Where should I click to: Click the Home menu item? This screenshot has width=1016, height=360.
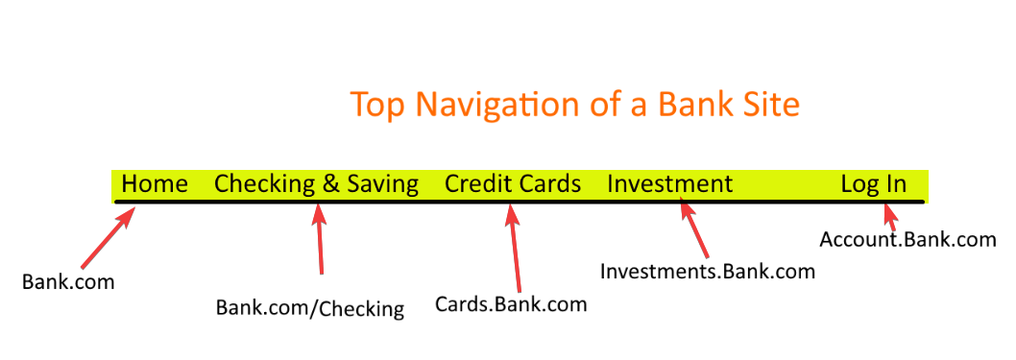click(x=155, y=183)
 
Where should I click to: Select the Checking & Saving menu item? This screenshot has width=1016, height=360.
click(x=316, y=183)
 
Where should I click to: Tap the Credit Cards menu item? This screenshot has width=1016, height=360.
click(x=513, y=183)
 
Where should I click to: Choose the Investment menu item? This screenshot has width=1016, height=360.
click(x=669, y=183)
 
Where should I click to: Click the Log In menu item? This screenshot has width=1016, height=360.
click(x=873, y=183)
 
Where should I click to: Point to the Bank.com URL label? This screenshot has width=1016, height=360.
click(x=68, y=282)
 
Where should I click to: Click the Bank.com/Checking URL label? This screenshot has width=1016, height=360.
click(x=309, y=308)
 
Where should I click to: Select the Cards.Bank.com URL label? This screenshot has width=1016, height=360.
click(x=510, y=304)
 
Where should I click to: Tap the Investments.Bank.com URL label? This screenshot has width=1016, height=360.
click(x=708, y=272)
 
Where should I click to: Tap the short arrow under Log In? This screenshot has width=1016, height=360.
click(x=888, y=218)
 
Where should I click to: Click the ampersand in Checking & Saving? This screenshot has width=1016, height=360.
click(x=331, y=183)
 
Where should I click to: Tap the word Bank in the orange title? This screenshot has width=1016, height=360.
click(x=689, y=105)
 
